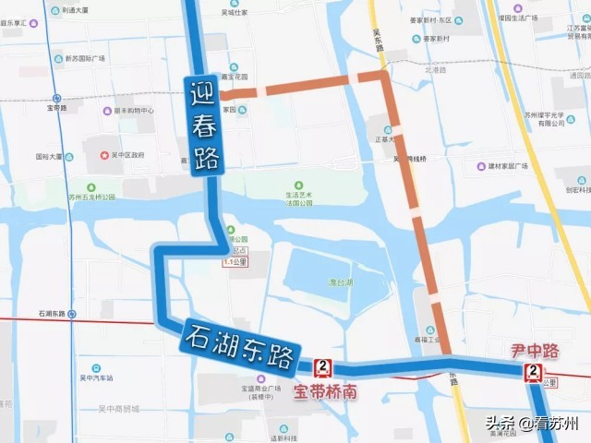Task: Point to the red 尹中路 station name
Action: pos(536,351)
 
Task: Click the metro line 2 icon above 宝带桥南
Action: pos(322,368)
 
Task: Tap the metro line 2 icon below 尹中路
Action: pos(533,373)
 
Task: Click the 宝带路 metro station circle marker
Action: pos(57,97)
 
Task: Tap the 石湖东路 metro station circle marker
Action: pos(72,314)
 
